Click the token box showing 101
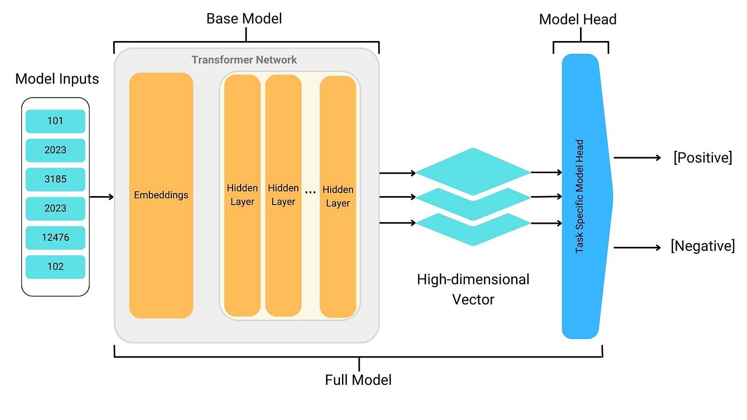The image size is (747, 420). click(55, 121)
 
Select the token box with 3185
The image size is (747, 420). click(55, 179)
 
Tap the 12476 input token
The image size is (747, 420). click(55, 238)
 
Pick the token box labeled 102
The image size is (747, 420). click(55, 266)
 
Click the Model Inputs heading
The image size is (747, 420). click(57, 79)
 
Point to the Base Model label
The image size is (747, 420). click(244, 19)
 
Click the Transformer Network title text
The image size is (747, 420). click(244, 60)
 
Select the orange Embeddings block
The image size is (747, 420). click(161, 195)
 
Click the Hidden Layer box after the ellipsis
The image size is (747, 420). click(338, 196)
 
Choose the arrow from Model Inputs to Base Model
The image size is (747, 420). click(101, 197)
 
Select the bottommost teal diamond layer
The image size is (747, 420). click(473, 228)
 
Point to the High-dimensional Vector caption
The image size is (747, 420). click(473, 289)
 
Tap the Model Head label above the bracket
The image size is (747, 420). click(577, 20)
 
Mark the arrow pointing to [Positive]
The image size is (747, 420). click(637, 158)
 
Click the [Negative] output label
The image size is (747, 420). click(702, 246)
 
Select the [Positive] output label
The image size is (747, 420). click(702, 158)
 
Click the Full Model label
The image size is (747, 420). click(358, 380)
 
